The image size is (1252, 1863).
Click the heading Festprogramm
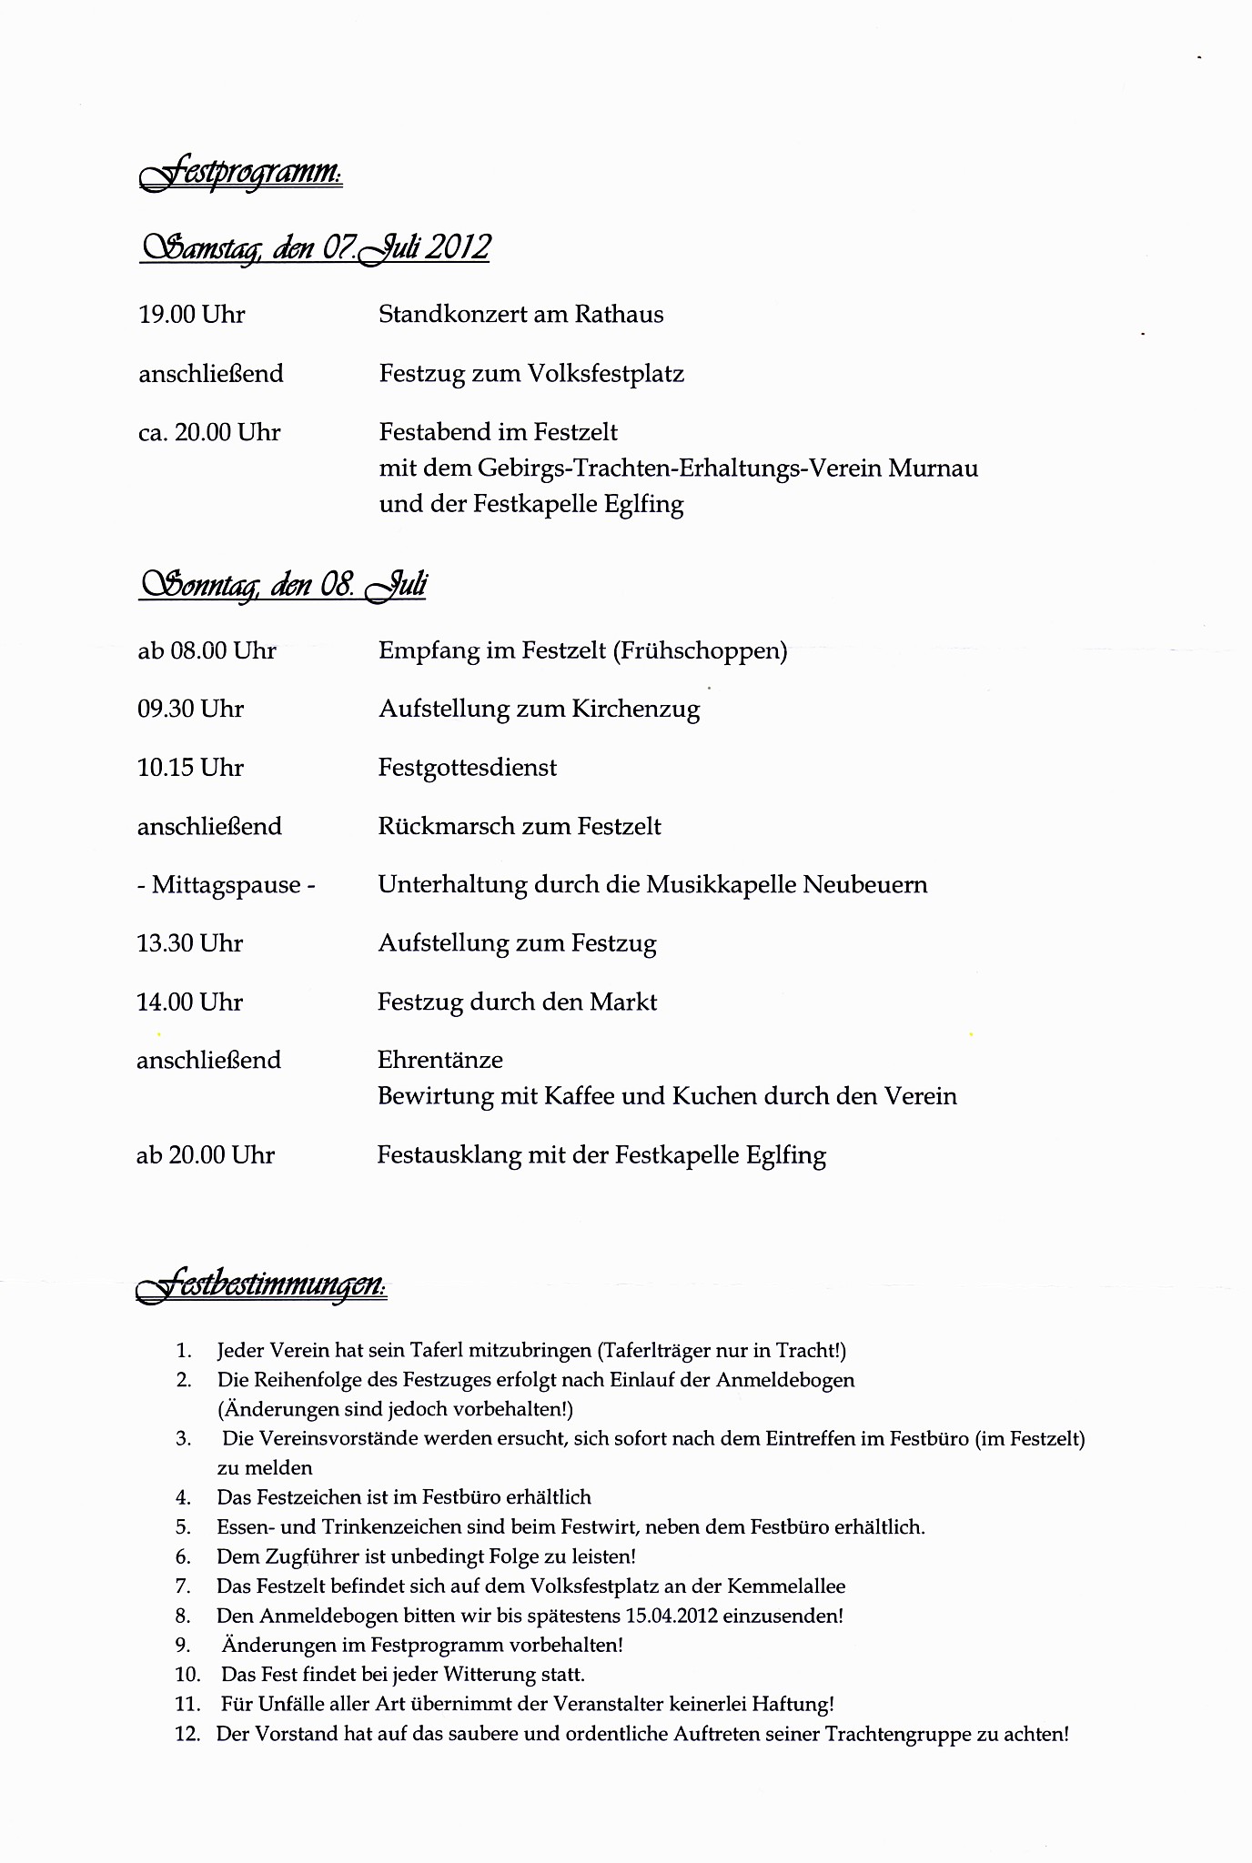tap(242, 173)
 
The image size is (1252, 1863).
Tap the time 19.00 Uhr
tap(192, 315)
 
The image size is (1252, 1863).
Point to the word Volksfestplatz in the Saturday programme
tap(609, 374)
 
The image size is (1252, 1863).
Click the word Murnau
tap(933, 468)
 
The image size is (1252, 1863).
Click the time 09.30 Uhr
tap(191, 710)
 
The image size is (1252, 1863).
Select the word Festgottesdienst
tap(468, 768)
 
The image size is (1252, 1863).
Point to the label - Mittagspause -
tap(226, 885)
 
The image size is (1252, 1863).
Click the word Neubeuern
tap(864, 885)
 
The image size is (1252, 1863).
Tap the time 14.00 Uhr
tap(190, 1002)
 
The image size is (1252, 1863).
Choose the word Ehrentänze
tap(440, 1061)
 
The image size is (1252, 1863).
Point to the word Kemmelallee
tap(786, 1586)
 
